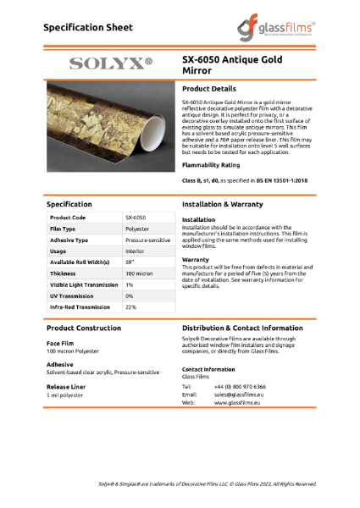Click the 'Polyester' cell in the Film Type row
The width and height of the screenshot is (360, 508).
coord(137,229)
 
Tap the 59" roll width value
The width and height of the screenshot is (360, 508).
coord(130,262)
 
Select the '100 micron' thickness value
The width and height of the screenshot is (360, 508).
coord(139,274)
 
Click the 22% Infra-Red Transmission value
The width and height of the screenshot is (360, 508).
coord(130,307)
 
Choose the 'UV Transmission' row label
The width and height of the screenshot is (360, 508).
coord(74,296)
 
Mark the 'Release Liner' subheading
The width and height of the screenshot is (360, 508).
coord(66,386)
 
